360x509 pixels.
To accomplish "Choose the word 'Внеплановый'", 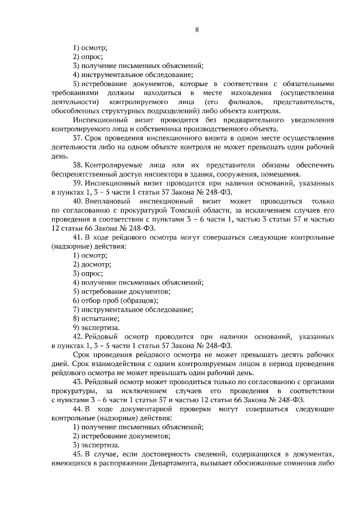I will tap(111, 201).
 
